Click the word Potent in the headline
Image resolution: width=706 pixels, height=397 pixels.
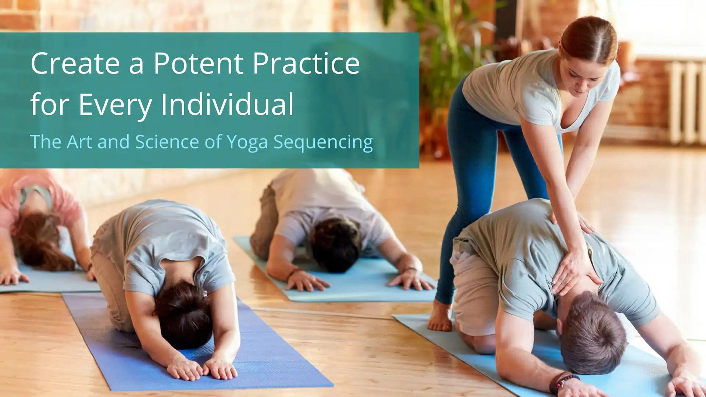198,63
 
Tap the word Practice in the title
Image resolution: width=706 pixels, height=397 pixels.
306,63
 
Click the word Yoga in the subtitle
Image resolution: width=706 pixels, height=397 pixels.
247,142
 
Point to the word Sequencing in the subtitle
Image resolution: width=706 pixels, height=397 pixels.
323,142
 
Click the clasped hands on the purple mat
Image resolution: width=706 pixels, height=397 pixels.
202,367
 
